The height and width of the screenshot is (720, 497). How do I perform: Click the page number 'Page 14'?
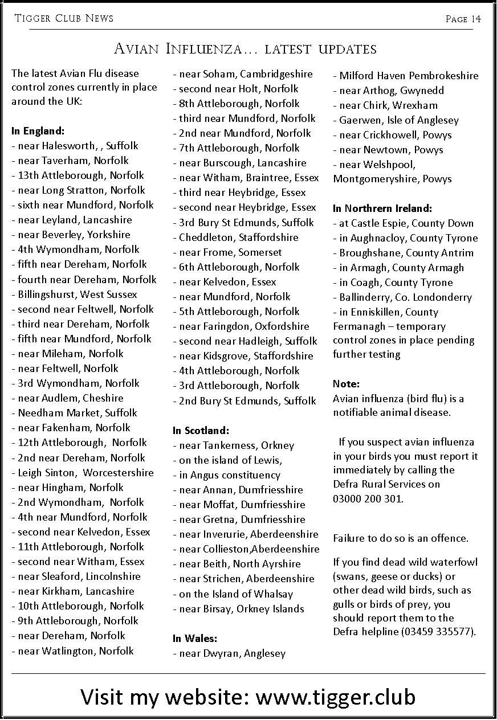tap(463, 19)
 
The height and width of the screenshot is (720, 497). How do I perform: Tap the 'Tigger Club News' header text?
tap(64, 19)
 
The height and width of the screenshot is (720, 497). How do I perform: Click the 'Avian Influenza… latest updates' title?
tap(245, 48)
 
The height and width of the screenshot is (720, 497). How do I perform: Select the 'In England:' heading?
tap(38, 131)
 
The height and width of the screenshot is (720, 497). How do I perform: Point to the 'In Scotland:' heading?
tap(201, 431)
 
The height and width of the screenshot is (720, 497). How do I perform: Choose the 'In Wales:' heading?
tap(195, 639)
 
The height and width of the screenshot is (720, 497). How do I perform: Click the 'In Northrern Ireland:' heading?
tap(382, 208)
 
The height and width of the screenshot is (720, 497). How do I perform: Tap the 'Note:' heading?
tap(346, 384)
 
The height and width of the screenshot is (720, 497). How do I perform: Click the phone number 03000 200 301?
tap(368, 498)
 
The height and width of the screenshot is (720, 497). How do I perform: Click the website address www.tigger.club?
tap(335, 696)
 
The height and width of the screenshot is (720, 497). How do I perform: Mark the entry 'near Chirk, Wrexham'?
tap(388, 105)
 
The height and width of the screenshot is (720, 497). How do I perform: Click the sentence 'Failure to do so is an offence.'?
tap(400, 538)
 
